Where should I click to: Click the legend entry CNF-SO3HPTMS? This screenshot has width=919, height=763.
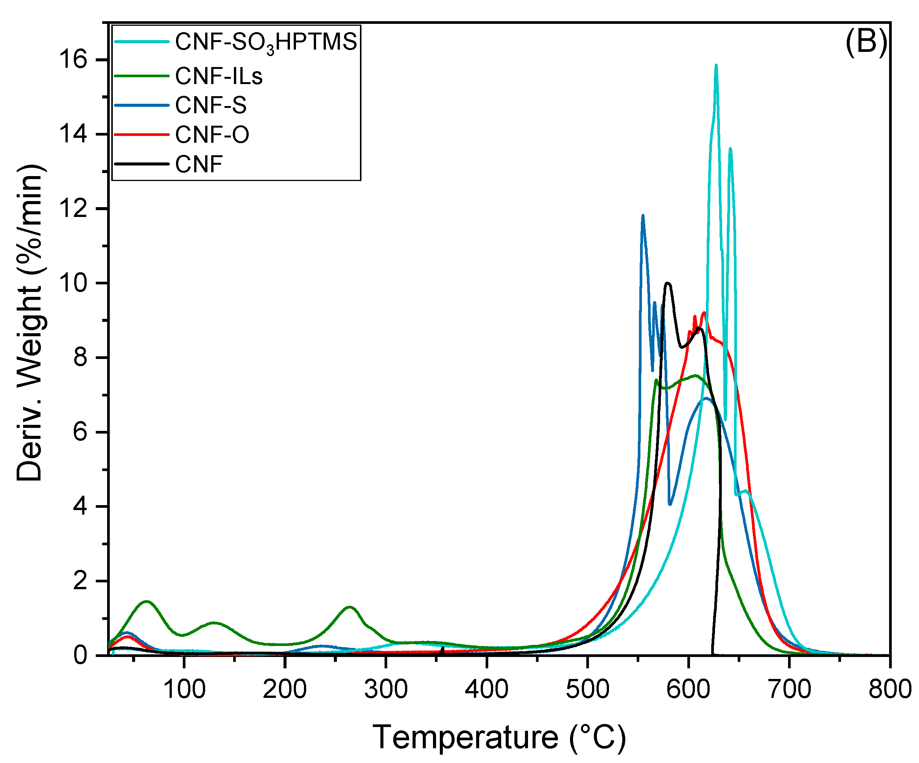[x=266, y=42]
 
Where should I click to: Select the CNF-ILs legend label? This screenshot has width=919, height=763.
[x=219, y=76]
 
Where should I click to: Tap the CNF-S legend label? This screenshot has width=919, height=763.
[x=210, y=106]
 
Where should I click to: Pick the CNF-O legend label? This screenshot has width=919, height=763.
[x=212, y=135]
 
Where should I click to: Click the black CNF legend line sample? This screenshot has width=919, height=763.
[x=141, y=164]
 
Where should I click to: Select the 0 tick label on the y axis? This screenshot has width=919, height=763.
[x=80, y=655]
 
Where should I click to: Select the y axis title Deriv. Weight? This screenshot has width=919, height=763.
[x=30, y=324]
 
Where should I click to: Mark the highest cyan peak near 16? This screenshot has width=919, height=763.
[x=716, y=66]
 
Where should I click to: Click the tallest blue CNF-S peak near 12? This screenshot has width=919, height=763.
[x=642, y=216]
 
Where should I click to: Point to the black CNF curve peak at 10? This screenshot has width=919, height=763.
[x=668, y=283]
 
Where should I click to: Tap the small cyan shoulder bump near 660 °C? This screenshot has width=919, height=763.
[x=746, y=492]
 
